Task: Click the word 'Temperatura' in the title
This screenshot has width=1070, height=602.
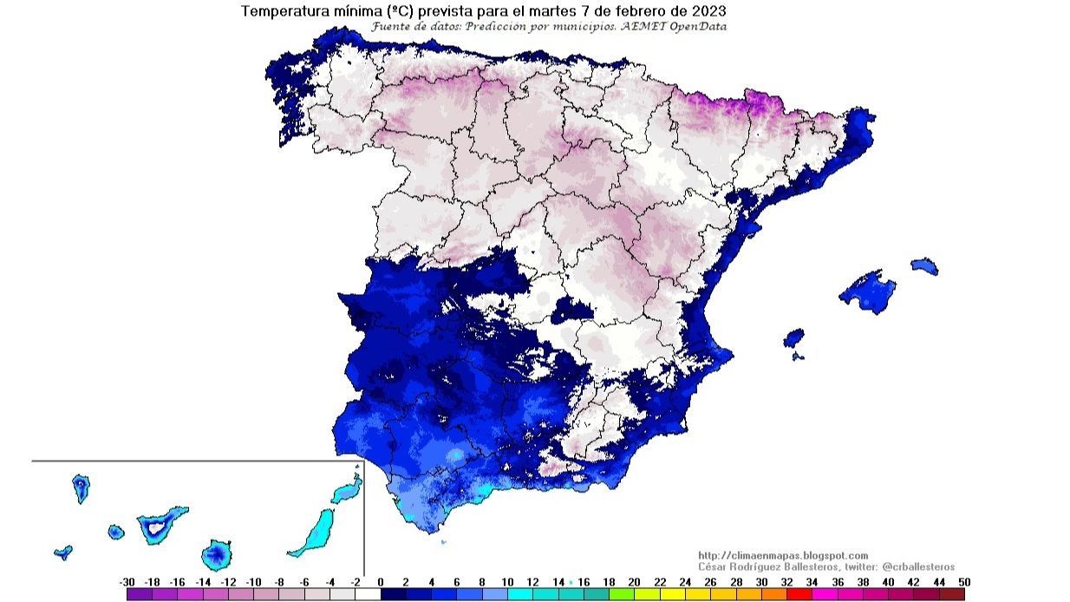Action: [282, 11]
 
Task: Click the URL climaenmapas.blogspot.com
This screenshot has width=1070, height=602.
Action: [783, 555]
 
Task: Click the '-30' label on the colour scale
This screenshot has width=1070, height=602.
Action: [127, 582]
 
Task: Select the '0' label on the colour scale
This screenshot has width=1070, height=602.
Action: [381, 582]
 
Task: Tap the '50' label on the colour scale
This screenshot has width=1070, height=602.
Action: [964, 582]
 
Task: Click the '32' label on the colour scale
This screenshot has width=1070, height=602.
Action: [786, 582]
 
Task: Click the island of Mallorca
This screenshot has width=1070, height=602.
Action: [868, 291]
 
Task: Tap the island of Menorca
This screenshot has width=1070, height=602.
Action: [924, 265]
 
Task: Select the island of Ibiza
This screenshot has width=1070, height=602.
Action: [793, 337]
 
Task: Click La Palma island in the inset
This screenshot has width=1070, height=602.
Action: [81, 488]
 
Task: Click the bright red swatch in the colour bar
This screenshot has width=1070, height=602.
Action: [799, 594]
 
